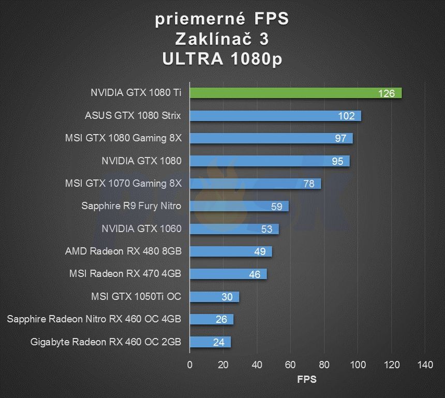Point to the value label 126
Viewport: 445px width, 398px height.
tap(386, 93)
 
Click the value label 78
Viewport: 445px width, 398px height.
tap(309, 184)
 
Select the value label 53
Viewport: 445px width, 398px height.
tap(267, 229)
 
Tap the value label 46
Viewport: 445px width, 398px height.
tap(255, 275)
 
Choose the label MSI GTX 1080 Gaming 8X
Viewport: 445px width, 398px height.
tap(123, 138)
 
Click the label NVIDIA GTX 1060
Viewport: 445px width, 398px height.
tap(141, 229)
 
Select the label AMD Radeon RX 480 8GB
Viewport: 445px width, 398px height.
tap(123, 251)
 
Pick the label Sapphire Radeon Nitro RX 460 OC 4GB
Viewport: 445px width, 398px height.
tap(94, 319)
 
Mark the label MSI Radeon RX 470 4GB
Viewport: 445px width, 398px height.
tap(125, 274)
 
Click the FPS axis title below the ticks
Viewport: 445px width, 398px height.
tap(307, 379)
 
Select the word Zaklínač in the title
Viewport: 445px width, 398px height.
tap(214, 39)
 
